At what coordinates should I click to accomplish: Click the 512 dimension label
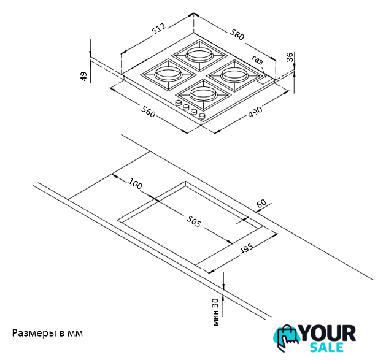click(x=159, y=29)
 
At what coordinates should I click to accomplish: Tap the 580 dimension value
click(x=237, y=34)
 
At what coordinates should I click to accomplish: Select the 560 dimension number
click(x=148, y=112)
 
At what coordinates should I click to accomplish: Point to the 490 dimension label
click(x=255, y=112)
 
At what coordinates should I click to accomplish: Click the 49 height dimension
click(x=84, y=76)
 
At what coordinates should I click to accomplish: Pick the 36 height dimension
click(x=290, y=57)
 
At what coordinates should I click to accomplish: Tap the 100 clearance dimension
click(x=135, y=183)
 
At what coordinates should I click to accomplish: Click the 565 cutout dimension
click(x=194, y=221)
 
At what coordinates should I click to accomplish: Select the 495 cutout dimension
click(x=247, y=248)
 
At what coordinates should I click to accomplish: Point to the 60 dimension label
click(x=261, y=204)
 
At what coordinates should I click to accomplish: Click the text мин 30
click(x=215, y=312)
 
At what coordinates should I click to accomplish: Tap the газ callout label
click(x=258, y=59)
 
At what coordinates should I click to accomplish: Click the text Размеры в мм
click(x=47, y=334)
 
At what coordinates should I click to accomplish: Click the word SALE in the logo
click(x=326, y=347)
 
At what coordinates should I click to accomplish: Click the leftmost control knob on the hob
click(x=178, y=104)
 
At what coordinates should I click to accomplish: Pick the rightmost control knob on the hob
click(x=202, y=116)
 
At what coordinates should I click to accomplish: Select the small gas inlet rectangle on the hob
click(x=263, y=81)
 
